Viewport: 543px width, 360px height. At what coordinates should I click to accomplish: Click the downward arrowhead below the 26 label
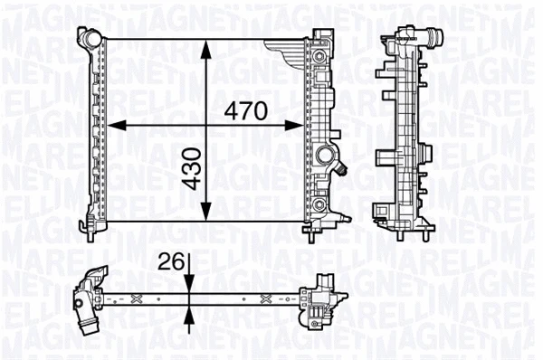click(x=187, y=284)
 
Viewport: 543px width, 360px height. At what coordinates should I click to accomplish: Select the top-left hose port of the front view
click(x=88, y=39)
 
